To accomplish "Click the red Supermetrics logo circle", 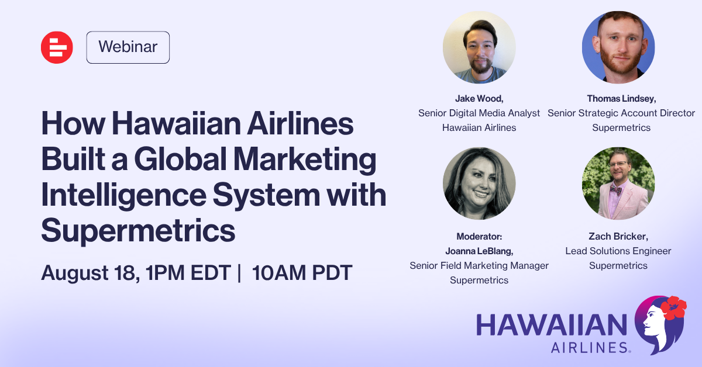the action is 57,47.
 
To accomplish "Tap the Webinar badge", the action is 128,47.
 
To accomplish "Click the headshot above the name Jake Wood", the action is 479,47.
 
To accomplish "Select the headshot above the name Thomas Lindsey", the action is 618,47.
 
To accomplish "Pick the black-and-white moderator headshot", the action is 479,183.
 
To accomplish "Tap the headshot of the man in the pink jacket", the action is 618,183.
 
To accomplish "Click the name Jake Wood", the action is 479,99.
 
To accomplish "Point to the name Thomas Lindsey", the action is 621,99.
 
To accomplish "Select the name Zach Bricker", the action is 618,236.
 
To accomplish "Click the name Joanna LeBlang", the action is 479,251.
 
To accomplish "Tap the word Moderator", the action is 479,237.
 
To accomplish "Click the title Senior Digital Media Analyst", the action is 479,113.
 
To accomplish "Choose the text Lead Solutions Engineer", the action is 618,251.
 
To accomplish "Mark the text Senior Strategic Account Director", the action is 621,113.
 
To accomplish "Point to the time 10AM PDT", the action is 302,273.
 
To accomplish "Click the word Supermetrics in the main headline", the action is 138,230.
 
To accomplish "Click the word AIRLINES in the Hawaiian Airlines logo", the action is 591,348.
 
